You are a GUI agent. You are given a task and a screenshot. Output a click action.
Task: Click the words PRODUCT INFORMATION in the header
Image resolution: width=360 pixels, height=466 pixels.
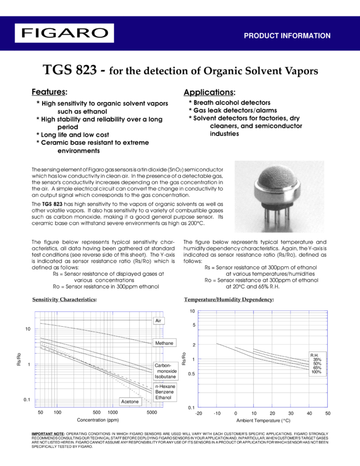click(x=287, y=36)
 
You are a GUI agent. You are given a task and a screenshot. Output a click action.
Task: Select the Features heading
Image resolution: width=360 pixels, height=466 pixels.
click(x=49, y=92)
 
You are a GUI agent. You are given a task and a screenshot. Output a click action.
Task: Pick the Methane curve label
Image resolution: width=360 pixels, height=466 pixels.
click(x=164, y=343)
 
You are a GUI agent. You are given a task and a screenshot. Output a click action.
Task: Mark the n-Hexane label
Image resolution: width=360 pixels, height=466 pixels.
click(x=163, y=387)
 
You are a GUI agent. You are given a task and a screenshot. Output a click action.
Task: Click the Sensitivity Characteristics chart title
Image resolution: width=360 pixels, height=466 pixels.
click(x=64, y=300)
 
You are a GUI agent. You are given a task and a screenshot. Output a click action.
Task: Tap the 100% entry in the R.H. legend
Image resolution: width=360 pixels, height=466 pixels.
click(x=316, y=372)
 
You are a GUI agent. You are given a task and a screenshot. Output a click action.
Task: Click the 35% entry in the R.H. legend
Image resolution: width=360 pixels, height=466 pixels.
click(x=317, y=360)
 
